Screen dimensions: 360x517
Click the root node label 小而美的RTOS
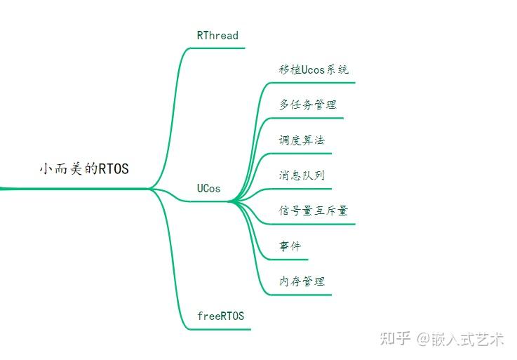[x=84, y=169]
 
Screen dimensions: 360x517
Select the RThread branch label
[x=217, y=35]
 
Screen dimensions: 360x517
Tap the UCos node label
[x=208, y=188]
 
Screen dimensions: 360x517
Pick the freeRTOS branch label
[x=220, y=316]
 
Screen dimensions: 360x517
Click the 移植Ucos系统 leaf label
[x=313, y=69]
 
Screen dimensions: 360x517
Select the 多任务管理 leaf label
[x=307, y=105]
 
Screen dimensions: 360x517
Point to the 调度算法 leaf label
[x=302, y=140]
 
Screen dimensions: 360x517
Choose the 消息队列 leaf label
[x=302, y=175]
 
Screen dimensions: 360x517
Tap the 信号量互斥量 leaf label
[x=313, y=211]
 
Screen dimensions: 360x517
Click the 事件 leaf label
[x=290, y=246]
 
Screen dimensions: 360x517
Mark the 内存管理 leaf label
[x=302, y=281]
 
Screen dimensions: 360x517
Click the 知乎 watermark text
[x=395, y=339]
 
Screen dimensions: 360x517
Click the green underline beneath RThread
[x=217, y=48]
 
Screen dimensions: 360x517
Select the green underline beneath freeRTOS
[x=220, y=328]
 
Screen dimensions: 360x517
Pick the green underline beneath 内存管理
[x=302, y=294]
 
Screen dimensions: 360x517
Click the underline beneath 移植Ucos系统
[x=313, y=83]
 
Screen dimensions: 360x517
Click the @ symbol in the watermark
[x=423, y=340]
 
